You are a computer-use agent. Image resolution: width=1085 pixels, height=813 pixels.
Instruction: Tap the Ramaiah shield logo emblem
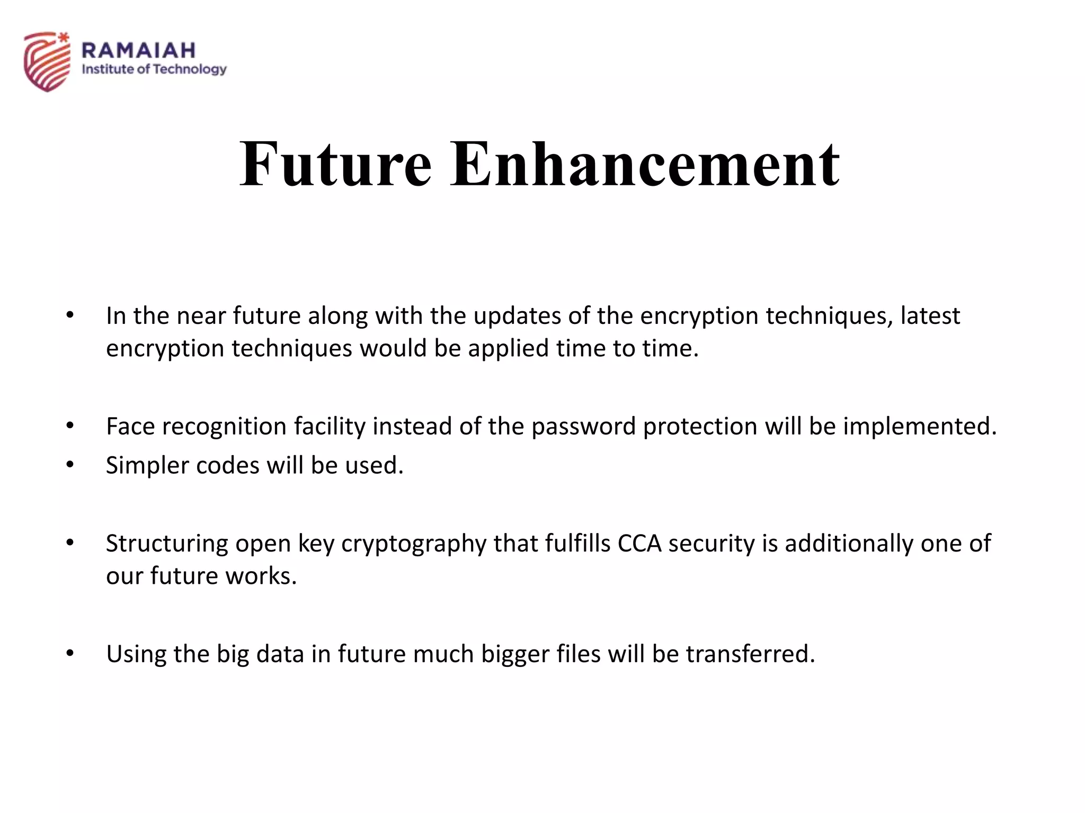[47, 61]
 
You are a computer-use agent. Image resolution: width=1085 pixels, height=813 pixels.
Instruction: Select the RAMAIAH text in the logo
[139, 50]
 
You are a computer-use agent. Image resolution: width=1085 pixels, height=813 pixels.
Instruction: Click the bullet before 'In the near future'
[70, 315]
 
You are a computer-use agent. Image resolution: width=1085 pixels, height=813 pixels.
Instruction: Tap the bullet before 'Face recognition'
[70, 426]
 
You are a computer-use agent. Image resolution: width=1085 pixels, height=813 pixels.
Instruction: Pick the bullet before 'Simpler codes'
[70, 465]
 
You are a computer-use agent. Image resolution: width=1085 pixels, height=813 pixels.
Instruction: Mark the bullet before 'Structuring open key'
[70, 543]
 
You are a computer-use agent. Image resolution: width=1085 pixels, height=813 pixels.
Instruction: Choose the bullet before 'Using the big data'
[70, 654]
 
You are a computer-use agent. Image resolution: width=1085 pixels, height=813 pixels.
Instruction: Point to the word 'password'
[583, 427]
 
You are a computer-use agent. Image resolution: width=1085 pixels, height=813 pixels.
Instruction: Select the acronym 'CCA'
[639, 543]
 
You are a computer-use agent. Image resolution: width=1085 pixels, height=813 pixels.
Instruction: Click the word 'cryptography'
[414, 544]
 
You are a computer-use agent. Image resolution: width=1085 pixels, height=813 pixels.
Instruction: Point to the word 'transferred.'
[750, 654]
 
